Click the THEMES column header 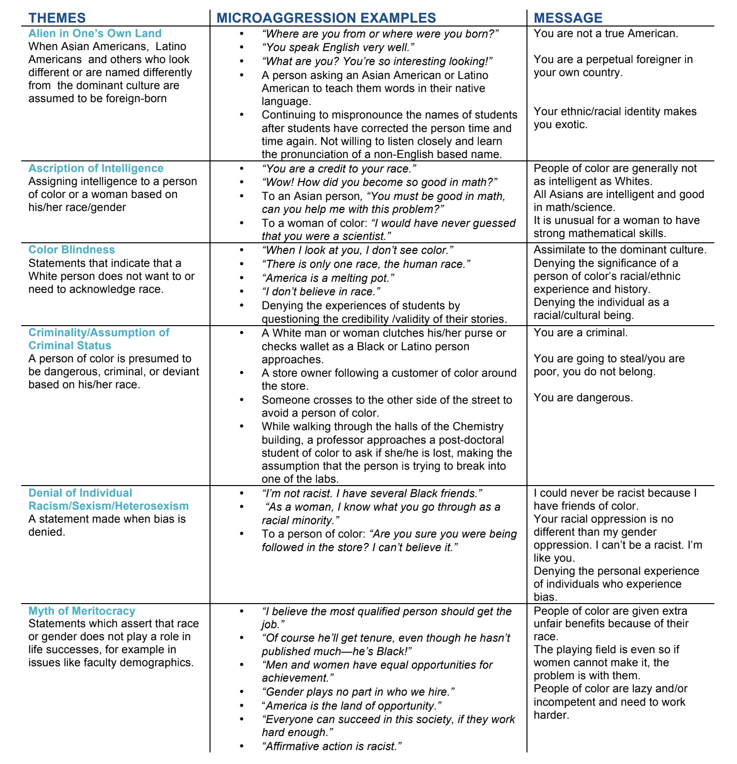[57, 18]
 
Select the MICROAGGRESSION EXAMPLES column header [326, 18]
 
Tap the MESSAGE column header [568, 18]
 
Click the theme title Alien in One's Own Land [95, 33]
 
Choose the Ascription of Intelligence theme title [96, 168]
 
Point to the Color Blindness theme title [72, 250]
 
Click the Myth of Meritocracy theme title [82, 611]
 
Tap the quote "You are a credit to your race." [339, 169]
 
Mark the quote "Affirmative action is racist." [332, 746]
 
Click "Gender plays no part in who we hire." [358, 692]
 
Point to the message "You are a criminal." [580, 332]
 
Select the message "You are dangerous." [583, 397]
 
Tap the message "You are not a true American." [606, 33]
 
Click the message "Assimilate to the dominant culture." [620, 250]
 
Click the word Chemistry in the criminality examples [474, 426]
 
